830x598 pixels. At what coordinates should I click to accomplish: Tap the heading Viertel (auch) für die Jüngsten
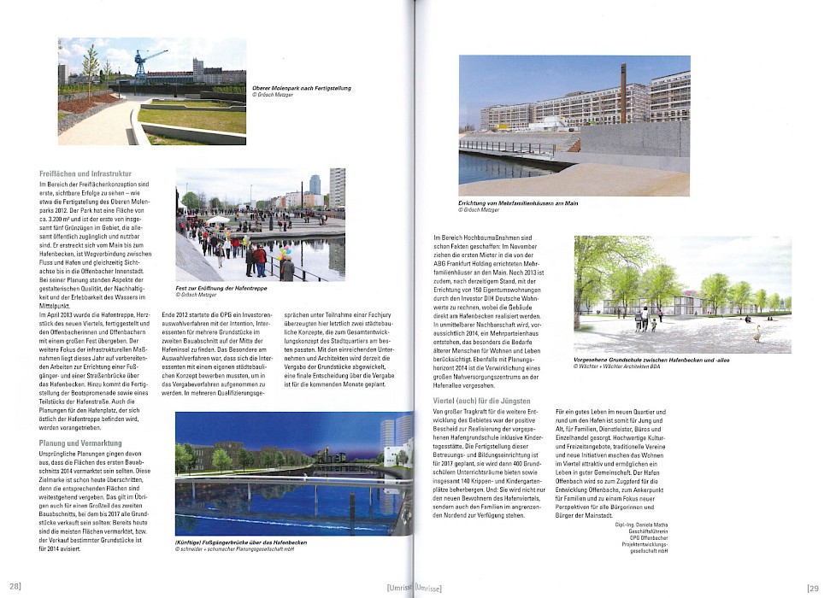coord(481,400)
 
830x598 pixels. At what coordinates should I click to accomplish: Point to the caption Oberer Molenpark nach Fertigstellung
coord(301,88)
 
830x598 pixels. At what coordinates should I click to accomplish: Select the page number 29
coord(812,587)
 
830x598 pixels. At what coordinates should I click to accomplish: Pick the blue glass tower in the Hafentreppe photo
coord(314,185)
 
